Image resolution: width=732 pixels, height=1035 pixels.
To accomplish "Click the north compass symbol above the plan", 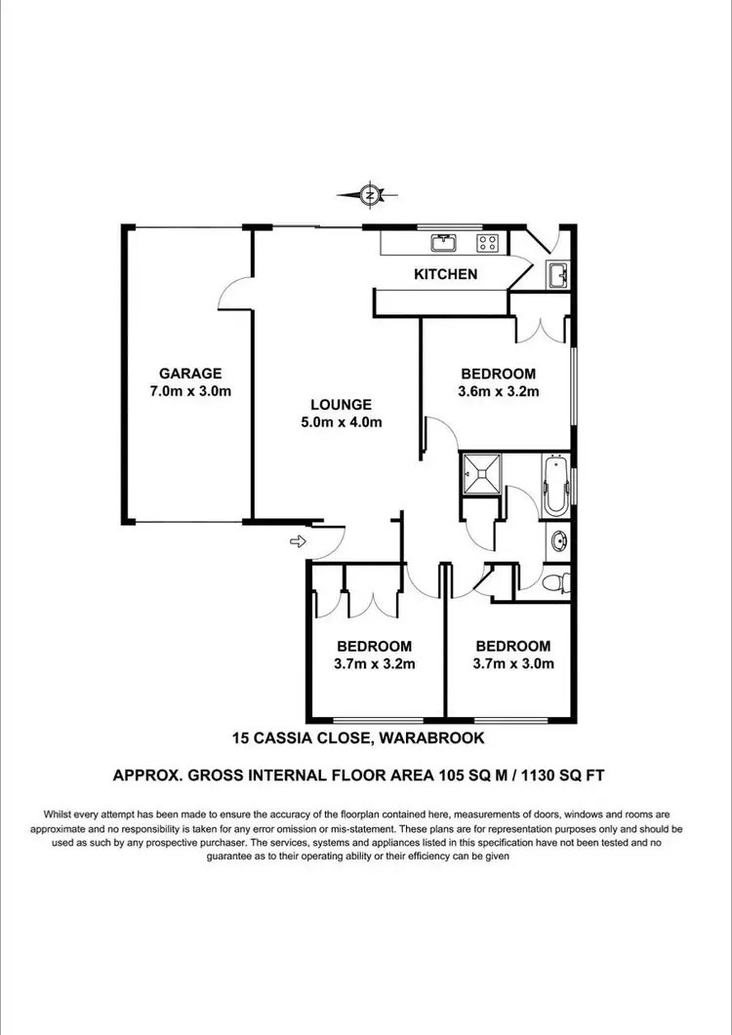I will [370, 195].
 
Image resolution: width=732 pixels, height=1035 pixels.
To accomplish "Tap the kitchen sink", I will [445, 242].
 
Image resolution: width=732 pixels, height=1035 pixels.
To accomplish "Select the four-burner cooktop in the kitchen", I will [487, 242].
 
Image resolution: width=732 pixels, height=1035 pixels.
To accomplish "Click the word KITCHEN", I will [446, 274].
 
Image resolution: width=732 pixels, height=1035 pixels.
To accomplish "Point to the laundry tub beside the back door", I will [556, 276].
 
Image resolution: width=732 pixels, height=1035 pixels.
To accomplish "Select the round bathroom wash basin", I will [558, 539].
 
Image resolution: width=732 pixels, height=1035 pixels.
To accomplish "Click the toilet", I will [555, 583].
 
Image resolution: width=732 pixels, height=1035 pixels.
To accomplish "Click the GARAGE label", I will [191, 373].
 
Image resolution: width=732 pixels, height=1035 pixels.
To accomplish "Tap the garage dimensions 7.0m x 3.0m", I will [191, 391].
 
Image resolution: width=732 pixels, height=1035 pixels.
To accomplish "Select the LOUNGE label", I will [341, 404].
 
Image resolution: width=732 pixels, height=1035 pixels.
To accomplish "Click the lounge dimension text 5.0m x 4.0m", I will [341, 422].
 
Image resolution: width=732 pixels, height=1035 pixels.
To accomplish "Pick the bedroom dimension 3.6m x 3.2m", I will [499, 391].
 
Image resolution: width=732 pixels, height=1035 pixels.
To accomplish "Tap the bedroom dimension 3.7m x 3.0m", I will [512, 664].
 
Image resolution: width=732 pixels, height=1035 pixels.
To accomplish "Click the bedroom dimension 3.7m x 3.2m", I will [375, 664].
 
